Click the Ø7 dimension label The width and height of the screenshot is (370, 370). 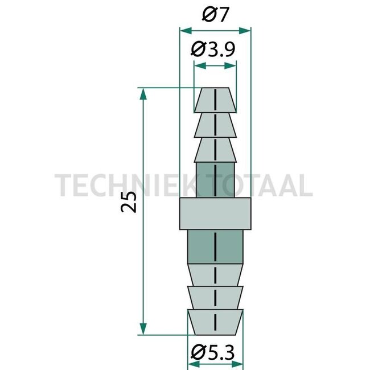click(x=215, y=14)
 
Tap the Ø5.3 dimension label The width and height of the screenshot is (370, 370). click(x=215, y=352)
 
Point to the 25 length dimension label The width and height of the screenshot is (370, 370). click(x=130, y=202)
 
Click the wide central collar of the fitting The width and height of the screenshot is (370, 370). click(x=215, y=213)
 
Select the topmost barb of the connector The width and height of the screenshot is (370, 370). click(x=215, y=100)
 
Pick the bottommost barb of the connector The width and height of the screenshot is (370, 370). click(x=215, y=322)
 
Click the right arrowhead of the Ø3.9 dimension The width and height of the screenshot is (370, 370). click(x=232, y=66)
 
